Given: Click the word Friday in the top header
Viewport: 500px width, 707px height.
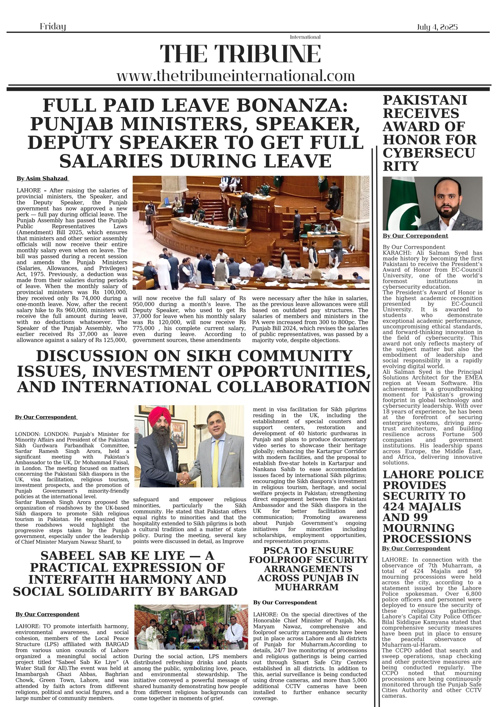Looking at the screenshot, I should (x=53, y=27).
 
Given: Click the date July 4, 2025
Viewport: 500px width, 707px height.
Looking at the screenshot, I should (x=437, y=27).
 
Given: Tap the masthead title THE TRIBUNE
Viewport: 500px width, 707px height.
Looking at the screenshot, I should (x=240, y=54).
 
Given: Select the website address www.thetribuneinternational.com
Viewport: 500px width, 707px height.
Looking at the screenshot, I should (x=236, y=76).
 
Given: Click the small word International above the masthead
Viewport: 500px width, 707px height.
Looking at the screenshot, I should (x=305, y=37).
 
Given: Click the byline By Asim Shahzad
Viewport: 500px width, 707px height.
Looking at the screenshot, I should (x=42, y=179).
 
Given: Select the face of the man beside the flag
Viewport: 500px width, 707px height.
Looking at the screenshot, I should (x=450, y=197).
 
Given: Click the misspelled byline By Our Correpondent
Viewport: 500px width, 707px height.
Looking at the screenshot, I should (x=415, y=236).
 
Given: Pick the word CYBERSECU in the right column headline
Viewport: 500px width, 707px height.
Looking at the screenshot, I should (x=429, y=153).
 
